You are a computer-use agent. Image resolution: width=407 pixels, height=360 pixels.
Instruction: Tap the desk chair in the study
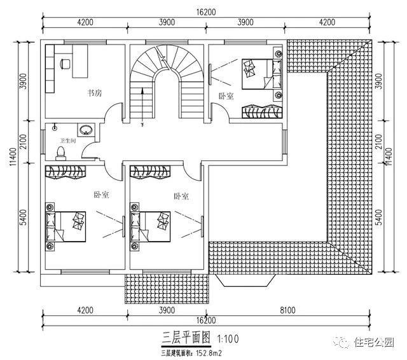(65, 62)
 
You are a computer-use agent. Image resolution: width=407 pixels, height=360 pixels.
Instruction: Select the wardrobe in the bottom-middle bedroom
(151, 172)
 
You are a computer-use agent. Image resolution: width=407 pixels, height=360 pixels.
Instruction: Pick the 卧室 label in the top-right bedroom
(226, 97)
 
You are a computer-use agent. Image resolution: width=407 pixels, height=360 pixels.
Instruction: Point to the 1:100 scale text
(228, 336)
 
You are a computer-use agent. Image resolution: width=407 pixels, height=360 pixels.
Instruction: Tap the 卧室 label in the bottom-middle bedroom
(181, 197)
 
